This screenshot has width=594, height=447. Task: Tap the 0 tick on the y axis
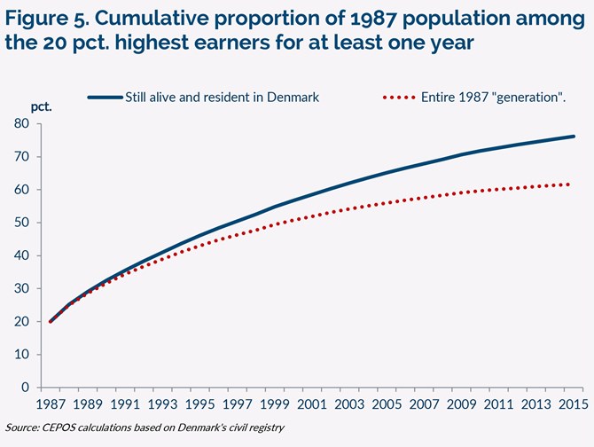tap(27, 388)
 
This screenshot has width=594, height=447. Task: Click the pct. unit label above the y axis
tap(42, 106)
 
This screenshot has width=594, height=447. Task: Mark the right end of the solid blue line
tap(574, 137)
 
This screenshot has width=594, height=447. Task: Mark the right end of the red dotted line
tap(568, 184)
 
